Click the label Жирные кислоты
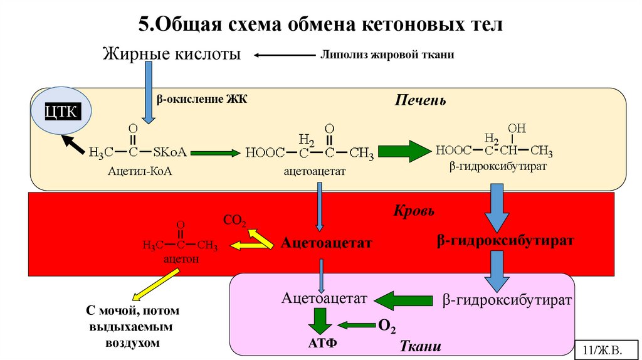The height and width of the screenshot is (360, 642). tap(172, 55)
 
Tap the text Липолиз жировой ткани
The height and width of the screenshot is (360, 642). tap(387, 55)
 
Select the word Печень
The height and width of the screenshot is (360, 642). tap(420, 100)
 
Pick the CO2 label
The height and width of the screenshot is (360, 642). tap(234, 221)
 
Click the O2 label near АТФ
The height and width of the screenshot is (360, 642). tap(386, 326)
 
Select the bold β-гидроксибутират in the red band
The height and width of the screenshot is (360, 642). tap(505, 240)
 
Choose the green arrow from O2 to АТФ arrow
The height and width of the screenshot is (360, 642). tap(356, 325)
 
